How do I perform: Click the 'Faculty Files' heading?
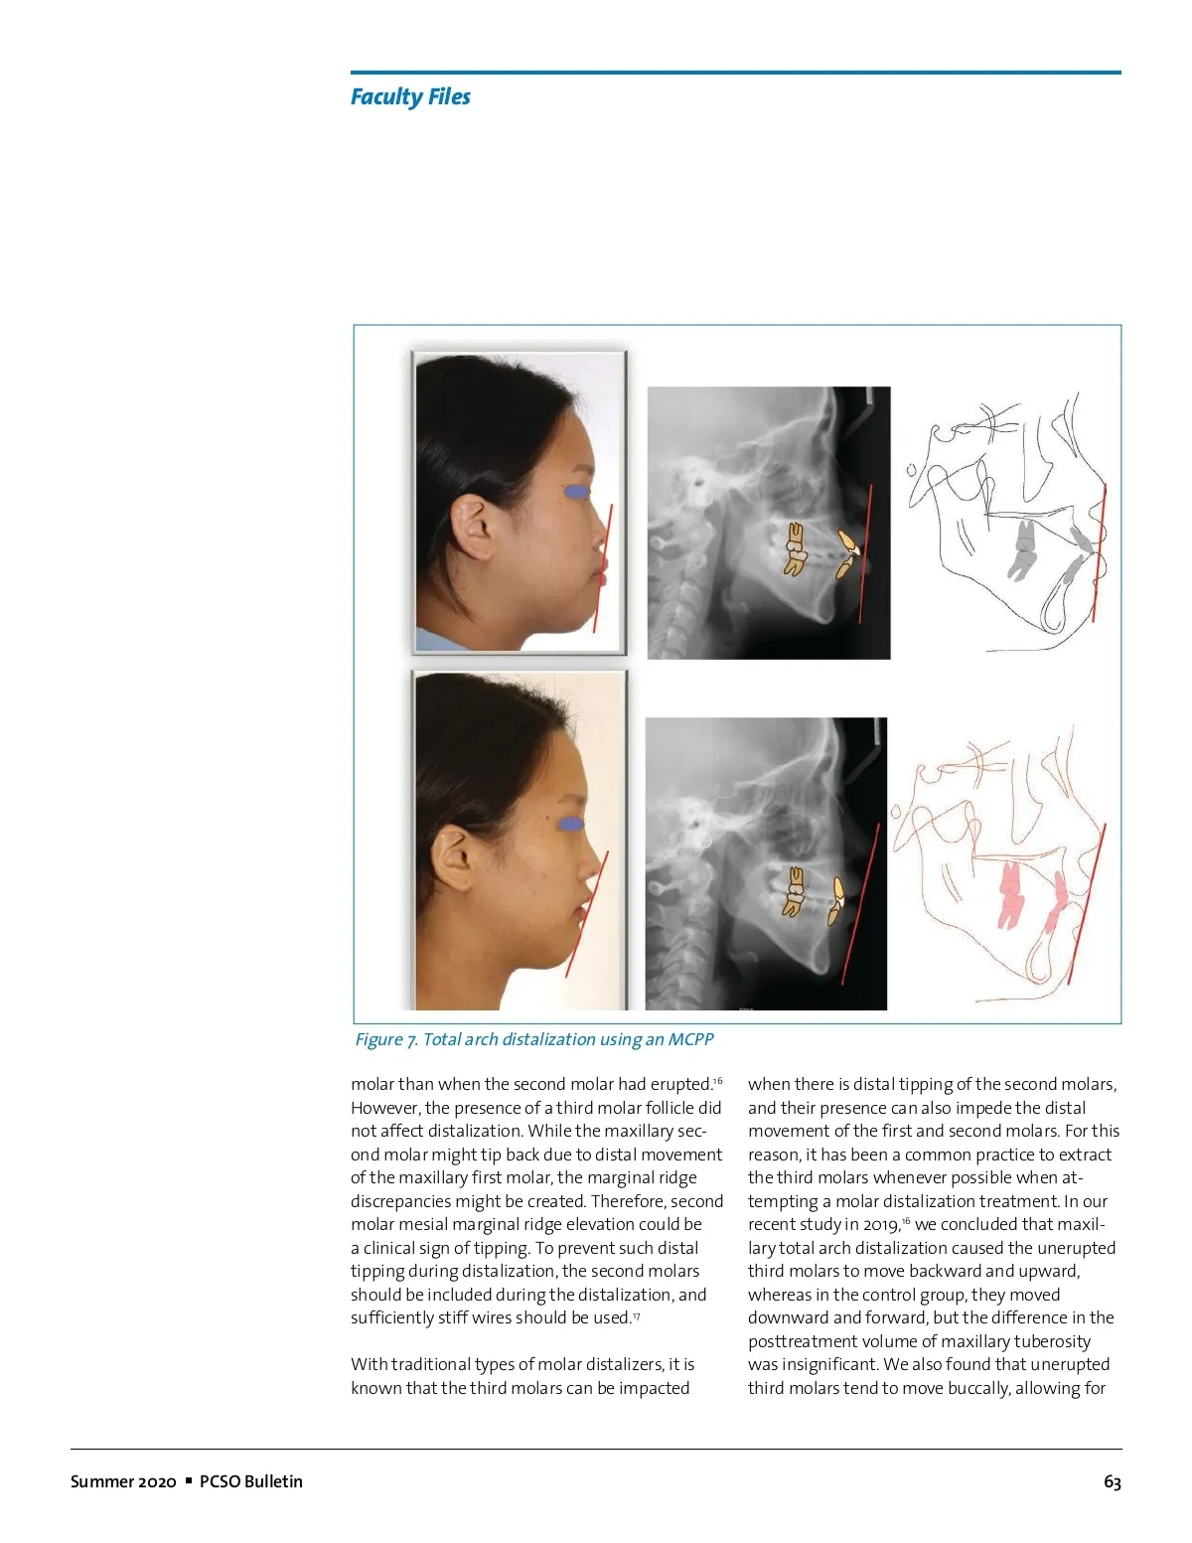click(x=410, y=96)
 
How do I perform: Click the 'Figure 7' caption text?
click(x=534, y=1039)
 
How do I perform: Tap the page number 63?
click(x=1112, y=1481)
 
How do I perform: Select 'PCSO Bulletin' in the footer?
click(x=250, y=1481)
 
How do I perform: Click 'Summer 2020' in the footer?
click(x=123, y=1481)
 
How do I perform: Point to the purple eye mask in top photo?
click(x=576, y=491)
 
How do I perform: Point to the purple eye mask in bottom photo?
click(x=570, y=824)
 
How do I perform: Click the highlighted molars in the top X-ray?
click(x=794, y=549)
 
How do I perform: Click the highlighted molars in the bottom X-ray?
click(x=794, y=890)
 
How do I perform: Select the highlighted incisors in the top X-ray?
click(x=846, y=553)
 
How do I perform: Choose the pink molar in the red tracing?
click(x=1010, y=891)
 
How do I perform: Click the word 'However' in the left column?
click(x=384, y=1108)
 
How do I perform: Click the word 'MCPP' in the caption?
click(x=690, y=1039)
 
